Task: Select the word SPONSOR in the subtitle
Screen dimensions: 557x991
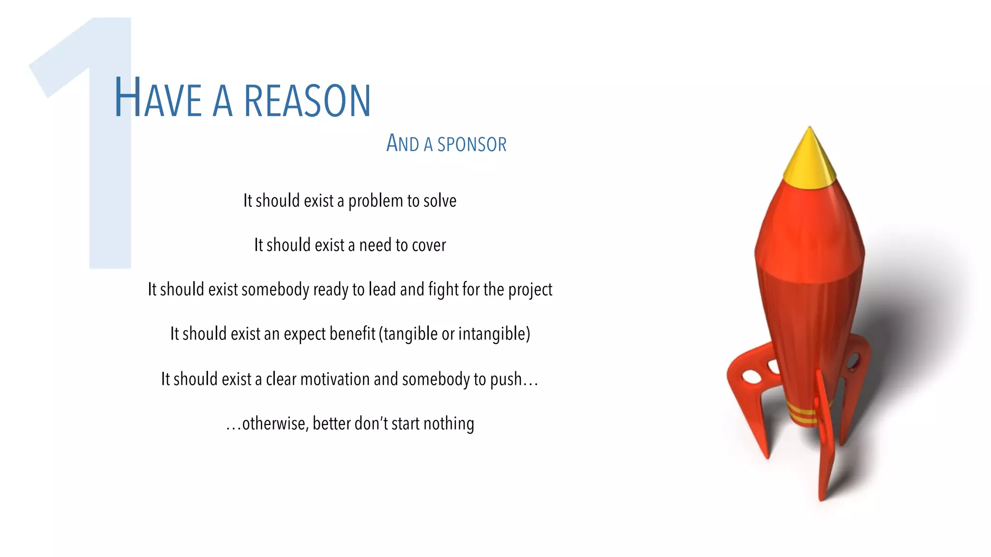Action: point(472,145)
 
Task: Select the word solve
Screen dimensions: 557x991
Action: point(440,201)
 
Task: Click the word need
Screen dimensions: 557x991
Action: point(375,245)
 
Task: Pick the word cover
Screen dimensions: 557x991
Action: point(429,246)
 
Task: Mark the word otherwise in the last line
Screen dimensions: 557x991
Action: point(274,424)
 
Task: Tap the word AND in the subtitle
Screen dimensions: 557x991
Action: point(403,144)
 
